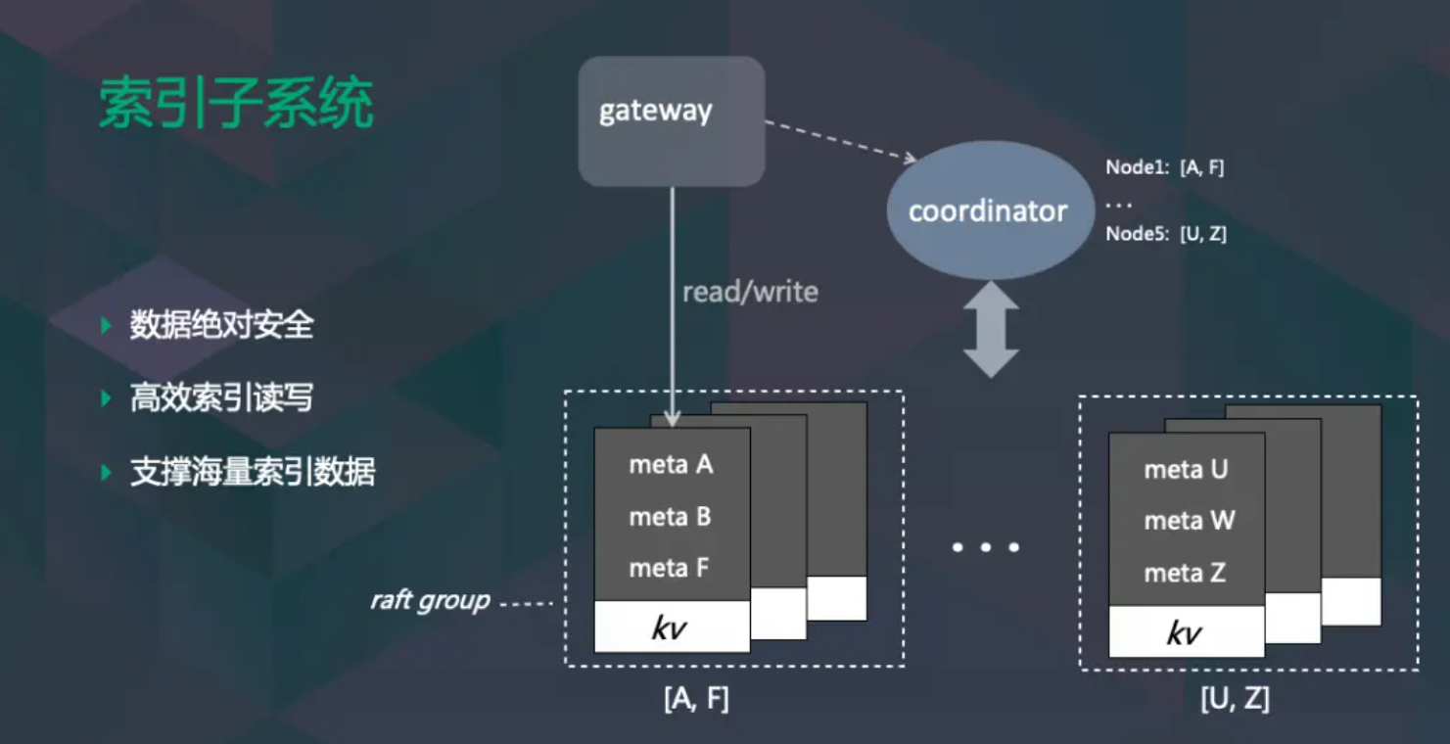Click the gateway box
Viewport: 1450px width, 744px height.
(671, 120)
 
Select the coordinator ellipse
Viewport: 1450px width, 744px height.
(987, 211)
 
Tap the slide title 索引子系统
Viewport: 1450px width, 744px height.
(236, 104)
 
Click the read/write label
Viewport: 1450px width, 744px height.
(750, 292)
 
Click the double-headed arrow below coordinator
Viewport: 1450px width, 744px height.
(991, 329)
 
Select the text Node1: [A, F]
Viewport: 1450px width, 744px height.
(1164, 167)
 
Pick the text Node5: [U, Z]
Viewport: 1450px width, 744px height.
(1165, 234)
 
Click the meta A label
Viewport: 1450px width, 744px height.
(671, 465)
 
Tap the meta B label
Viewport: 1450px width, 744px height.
(671, 517)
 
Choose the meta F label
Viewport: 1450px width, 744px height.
(671, 568)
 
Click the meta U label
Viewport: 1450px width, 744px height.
(1186, 470)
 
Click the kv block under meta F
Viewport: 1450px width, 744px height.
(671, 628)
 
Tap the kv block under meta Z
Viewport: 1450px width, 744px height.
(1186, 632)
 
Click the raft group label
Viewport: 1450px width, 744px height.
(430, 600)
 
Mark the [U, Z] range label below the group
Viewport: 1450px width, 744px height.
(1235, 700)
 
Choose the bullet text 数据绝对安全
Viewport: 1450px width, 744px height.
(221, 325)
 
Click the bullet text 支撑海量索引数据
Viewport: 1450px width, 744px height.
(253, 473)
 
